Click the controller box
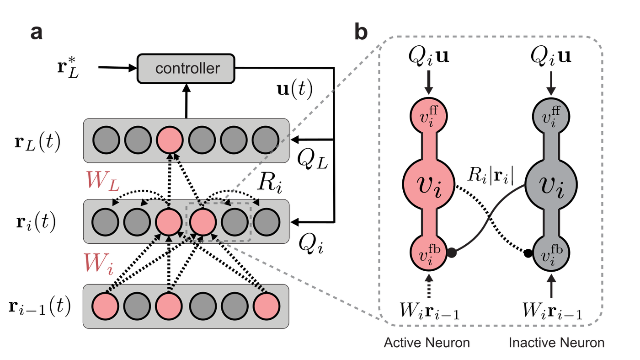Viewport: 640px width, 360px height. tap(186, 69)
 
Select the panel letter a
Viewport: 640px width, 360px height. tap(37, 33)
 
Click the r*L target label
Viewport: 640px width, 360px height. tap(68, 68)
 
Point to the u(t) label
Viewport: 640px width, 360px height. tap(295, 90)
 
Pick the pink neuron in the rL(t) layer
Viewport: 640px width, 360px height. tap(170, 140)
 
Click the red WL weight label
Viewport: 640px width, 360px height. tap(102, 181)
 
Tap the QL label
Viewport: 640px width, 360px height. tap(313, 160)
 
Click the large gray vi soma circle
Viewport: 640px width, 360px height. tap(551, 185)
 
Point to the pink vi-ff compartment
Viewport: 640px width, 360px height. tap(429, 116)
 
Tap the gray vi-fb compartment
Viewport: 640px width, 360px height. tap(551, 253)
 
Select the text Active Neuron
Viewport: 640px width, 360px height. tap(427, 343)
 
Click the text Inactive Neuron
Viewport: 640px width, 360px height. tap(557, 343)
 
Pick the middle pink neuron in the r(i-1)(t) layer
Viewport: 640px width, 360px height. tap(169, 306)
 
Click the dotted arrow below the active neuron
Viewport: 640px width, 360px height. tap(429, 286)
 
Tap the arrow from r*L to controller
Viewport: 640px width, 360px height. tap(117, 68)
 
